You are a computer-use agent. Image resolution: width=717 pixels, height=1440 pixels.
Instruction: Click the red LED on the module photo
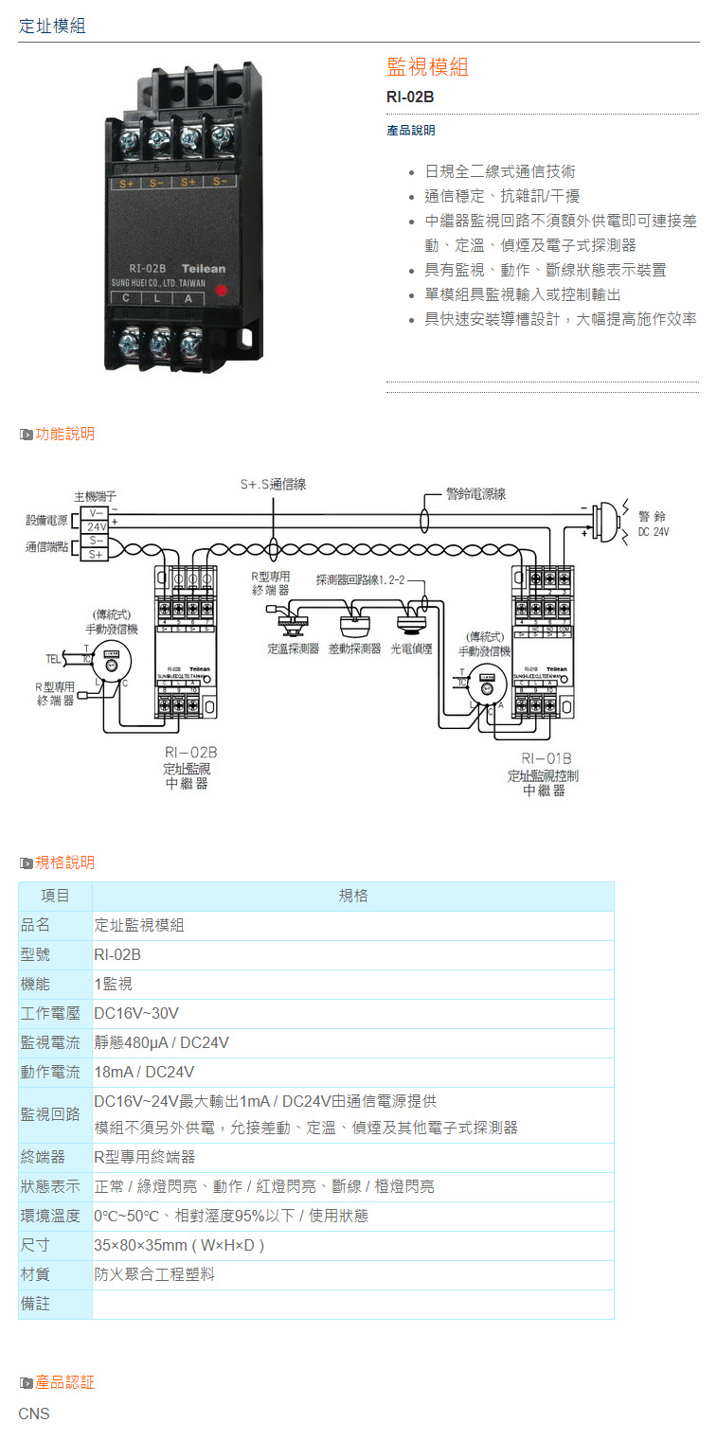[x=221, y=291]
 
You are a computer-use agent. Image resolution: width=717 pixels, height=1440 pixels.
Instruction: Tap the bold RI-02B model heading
[x=410, y=97]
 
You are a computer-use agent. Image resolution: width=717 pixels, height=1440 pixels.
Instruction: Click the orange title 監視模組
[x=427, y=66]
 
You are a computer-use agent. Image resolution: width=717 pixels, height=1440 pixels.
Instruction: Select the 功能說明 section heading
[x=64, y=434]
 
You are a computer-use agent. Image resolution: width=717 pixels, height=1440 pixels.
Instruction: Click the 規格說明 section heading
[x=64, y=862]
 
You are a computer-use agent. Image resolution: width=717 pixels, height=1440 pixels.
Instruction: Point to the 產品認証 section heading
[x=64, y=1382]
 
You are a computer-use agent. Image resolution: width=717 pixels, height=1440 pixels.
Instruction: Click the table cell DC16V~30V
[x=136, y=1013]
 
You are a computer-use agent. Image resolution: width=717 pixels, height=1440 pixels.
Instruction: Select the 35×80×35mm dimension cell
[x=179, y=1245]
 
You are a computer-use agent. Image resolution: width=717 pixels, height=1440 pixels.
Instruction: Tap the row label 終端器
[x=43, y=1157]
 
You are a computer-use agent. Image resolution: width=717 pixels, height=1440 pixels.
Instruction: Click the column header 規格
[x=353, y=896]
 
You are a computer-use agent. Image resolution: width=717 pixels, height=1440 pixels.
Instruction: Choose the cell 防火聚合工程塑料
[x=154, y=1274]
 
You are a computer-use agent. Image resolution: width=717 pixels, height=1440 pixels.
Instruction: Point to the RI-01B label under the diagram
[x=546, y=758]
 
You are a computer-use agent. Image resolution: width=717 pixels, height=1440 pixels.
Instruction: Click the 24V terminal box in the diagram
[x=97, y=526]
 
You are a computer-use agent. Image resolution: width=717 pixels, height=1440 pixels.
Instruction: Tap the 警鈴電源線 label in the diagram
[x=475, y=493]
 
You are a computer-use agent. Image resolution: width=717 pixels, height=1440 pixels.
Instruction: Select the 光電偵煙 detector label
[x=411, y=649]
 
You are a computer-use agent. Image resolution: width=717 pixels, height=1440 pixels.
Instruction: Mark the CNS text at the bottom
[x=34, y=1413]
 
